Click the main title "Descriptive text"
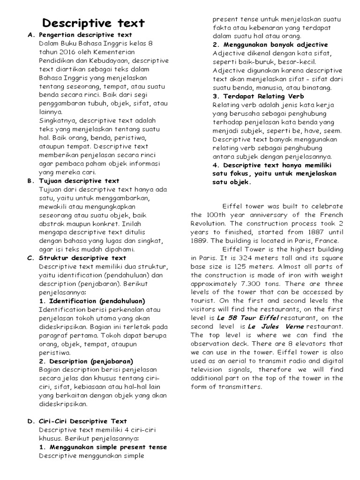click(x=94, y=23)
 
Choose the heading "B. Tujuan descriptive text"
click(x=79, y=180)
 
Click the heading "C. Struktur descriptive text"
click(x=82, y=258)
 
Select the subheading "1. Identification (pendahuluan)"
click(x=92, y=301)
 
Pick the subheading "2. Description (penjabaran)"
click(x=86, y=361)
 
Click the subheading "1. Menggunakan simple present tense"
click(x=103, y=447)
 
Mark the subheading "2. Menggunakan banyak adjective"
click(x=270, y=45)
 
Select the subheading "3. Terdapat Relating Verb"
click(x=258, y=96)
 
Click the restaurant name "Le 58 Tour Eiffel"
click(x=248, y=317)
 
